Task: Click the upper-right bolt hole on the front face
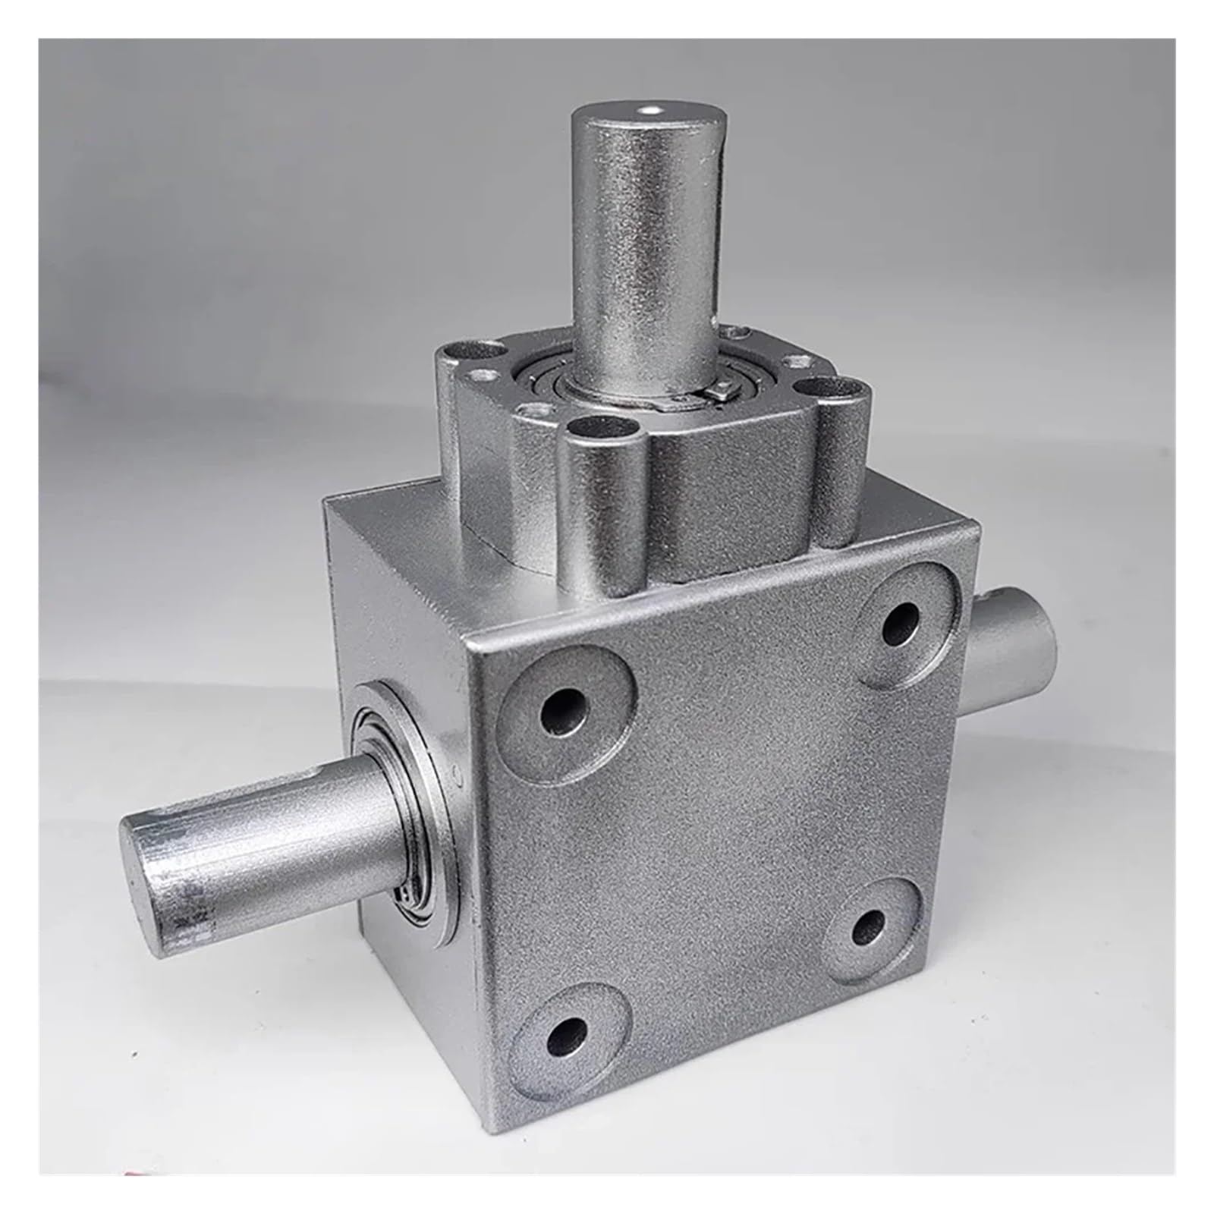pos(901,624)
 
